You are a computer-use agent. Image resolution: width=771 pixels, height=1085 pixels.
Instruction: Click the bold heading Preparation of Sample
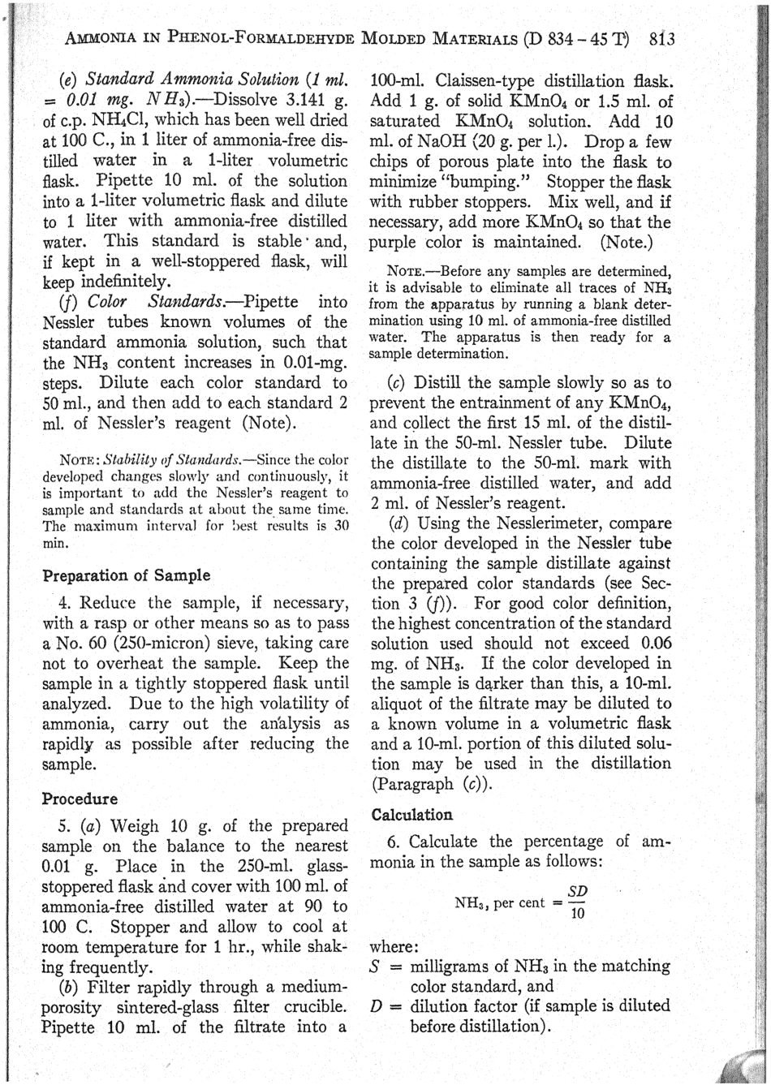click(126, 575)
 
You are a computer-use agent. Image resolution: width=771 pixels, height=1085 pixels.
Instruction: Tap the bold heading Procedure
click(80, 799)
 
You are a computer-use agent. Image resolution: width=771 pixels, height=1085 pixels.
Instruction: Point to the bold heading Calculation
click(411, 814)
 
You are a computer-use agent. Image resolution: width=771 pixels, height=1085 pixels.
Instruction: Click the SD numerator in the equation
click(577, 892)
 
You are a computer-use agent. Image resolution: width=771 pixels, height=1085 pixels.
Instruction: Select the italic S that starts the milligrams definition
click(376, 967)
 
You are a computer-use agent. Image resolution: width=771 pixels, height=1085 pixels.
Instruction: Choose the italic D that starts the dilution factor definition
click(376, 1006)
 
